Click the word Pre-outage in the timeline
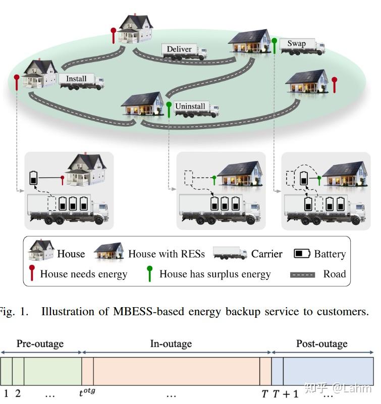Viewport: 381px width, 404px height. point(40,344)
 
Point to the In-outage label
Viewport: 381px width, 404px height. point(171,344)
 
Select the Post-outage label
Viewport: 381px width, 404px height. point(321,344)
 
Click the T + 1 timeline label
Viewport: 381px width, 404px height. point(286,393)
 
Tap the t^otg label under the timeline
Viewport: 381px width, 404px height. point(87,393)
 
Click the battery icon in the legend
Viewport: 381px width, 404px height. point(302,253)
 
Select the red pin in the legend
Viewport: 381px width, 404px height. point(33,274)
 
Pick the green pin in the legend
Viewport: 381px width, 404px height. point(150,274)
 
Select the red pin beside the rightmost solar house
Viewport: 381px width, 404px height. point(334,84)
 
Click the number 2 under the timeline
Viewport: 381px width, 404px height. point(18,393)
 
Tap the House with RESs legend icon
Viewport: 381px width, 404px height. point(108,251)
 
